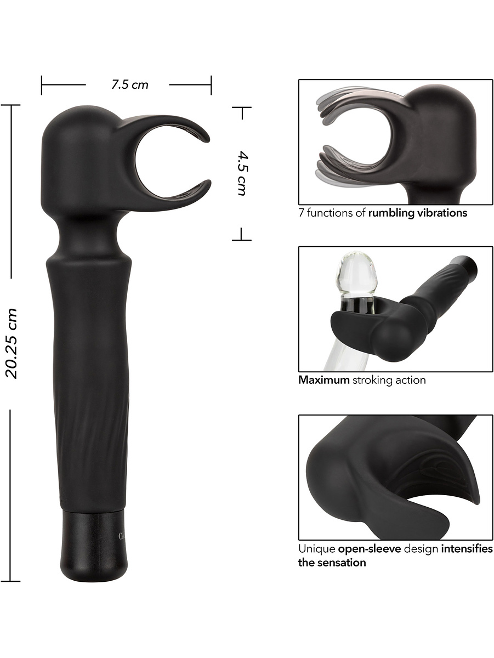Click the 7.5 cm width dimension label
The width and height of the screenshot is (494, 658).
pos(130,85)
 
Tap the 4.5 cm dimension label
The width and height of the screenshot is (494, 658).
pos(242,173)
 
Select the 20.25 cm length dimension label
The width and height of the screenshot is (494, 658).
pos(12,343)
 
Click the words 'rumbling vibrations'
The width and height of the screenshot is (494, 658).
pos(418,213)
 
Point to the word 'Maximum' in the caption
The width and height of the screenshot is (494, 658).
pos(323,380)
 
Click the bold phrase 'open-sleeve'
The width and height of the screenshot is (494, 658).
pos(370,549)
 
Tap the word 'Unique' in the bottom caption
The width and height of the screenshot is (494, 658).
pos(316,549)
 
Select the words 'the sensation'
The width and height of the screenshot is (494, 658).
pos(332,563)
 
